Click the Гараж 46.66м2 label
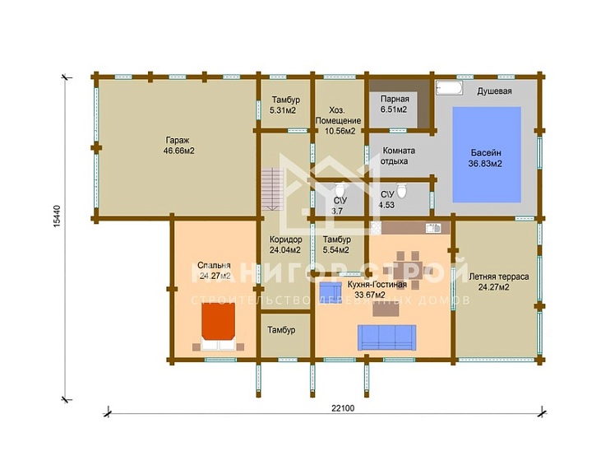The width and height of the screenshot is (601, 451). (x=178, y=146)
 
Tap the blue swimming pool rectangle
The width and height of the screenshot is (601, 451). (x=487, y=155)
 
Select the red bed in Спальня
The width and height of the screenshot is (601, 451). (x=219, y=322)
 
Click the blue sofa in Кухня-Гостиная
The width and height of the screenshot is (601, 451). (x=386, y=337)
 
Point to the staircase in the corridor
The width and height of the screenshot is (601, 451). (x=273, y=189)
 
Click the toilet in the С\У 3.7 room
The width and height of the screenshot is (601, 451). (x=340, y=189)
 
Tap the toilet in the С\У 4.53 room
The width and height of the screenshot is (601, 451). (x=401, y=191)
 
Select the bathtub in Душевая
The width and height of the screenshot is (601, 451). (x=450, y=88)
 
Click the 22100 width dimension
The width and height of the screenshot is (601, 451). (x=343, y=408)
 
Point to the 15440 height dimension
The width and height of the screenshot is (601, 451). (x=57, y=216)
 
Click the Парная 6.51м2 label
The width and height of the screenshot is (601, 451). (x=395, y=104)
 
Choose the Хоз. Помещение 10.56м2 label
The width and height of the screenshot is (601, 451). (x=338, y=120)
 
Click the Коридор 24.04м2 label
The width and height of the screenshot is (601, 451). (x=285, y=245)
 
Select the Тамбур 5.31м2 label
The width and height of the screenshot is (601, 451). (x=285, y=105)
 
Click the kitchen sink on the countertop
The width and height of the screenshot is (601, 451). (x=433, y=228)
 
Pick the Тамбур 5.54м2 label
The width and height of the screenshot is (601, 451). (x=336, y=245)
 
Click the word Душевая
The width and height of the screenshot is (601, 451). (x=494, y=91)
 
